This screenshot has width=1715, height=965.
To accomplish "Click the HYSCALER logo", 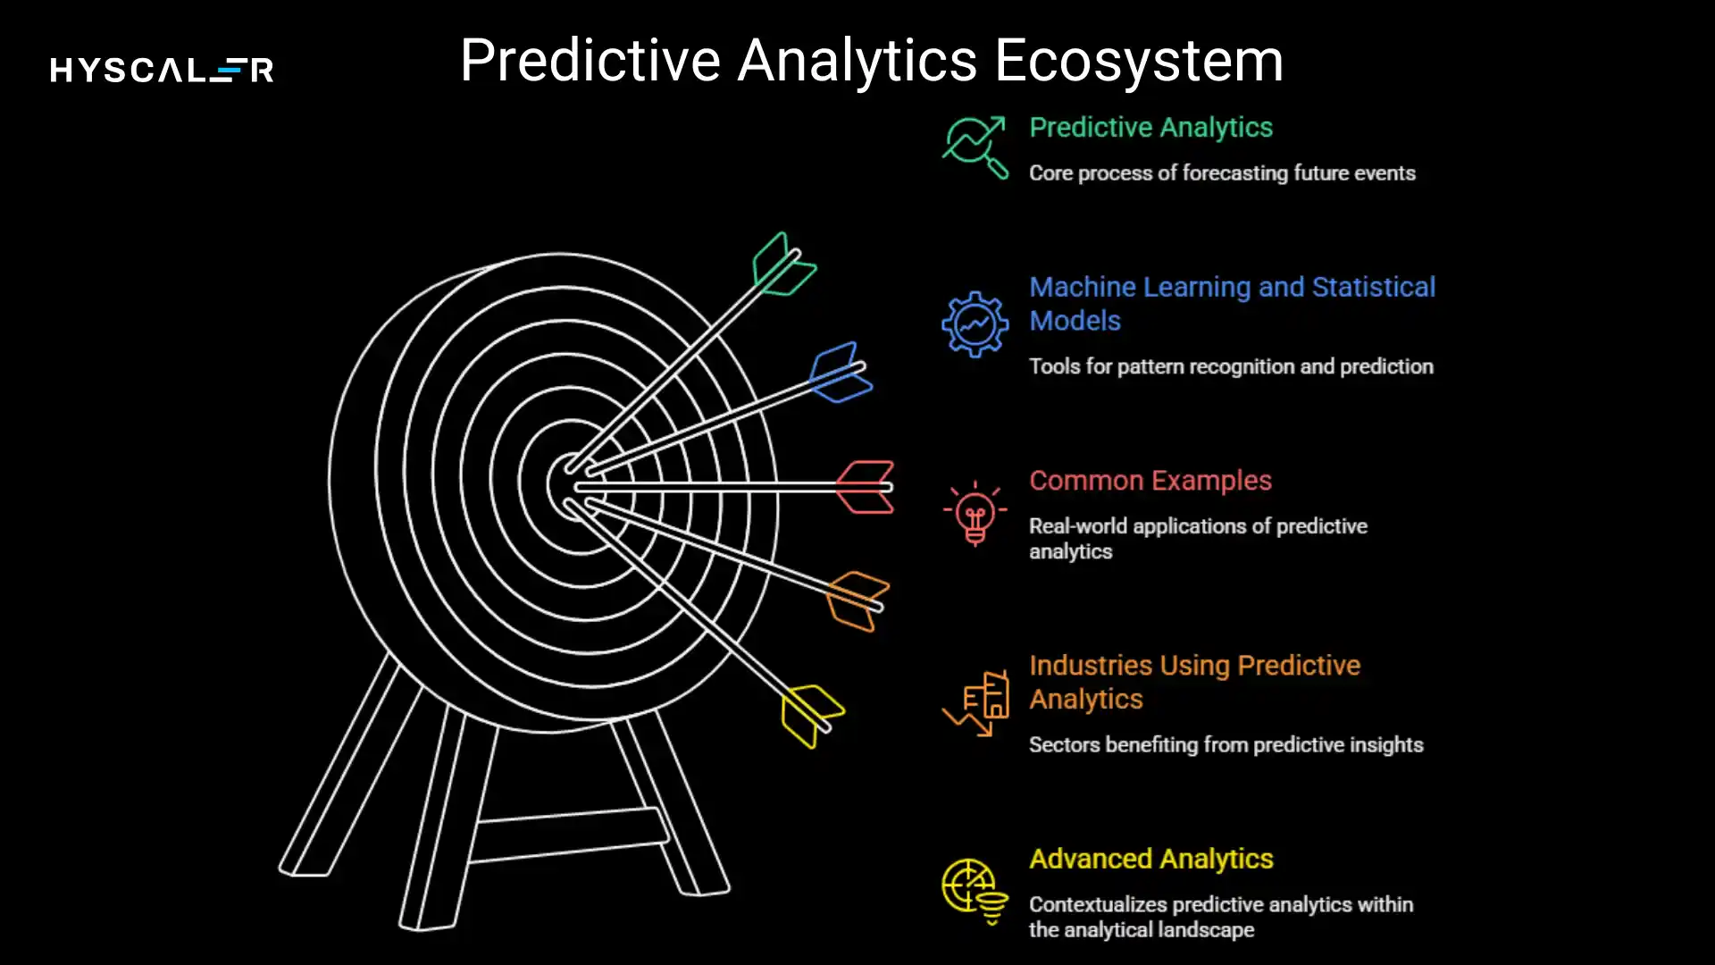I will coord(162,70).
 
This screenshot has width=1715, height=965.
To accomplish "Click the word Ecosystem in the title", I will coord(1139,61).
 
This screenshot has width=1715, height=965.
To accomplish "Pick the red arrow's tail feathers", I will coord(865,487).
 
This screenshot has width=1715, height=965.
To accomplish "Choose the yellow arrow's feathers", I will coord(811,715).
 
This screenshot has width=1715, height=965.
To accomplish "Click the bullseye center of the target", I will coord(572,485).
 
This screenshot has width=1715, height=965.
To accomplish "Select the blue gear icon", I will coord(975,324).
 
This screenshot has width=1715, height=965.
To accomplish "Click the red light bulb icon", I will coord(975,514).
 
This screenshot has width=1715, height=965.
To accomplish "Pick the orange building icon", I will coord(976,704).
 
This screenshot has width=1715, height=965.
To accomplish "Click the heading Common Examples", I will coord(1150,481).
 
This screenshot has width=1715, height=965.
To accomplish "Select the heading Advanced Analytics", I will coord(1150,859).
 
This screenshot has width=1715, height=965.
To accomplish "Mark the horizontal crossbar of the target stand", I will coord(568,835).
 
